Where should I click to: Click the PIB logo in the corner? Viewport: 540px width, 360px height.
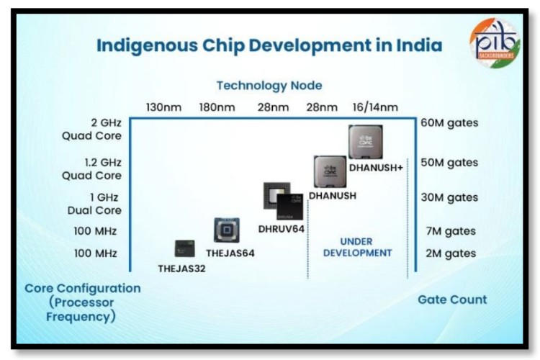click(498, 42)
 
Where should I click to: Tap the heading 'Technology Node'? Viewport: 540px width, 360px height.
click(269, 86)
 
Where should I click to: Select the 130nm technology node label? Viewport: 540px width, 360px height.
click(163, 107)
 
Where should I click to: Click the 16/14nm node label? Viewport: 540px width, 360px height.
click(373, 107)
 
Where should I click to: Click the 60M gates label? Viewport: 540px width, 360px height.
click(449, 123)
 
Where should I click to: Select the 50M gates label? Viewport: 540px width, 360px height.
click(449, 163)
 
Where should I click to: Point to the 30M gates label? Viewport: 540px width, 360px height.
click(449, 197)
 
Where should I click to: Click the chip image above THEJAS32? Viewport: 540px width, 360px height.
click(185, 249)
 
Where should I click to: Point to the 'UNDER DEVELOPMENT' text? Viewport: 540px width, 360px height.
click(357, 247)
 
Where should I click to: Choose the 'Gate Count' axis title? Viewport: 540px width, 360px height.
click(452, 300)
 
